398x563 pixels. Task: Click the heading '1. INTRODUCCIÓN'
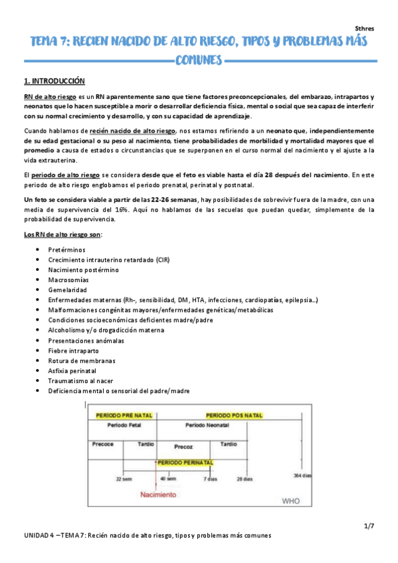[54, 81]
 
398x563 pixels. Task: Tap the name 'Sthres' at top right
[365, 29]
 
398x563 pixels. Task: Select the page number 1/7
[369, 526]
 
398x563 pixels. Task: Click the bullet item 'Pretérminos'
[67, 249]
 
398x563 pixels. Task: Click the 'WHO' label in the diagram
[292, 501]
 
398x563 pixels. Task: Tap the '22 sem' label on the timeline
[124, 478]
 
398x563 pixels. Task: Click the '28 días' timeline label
[244, 478]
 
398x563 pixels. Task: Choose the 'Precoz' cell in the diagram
[183, 446]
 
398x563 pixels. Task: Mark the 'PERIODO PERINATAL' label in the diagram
[185, 461]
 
